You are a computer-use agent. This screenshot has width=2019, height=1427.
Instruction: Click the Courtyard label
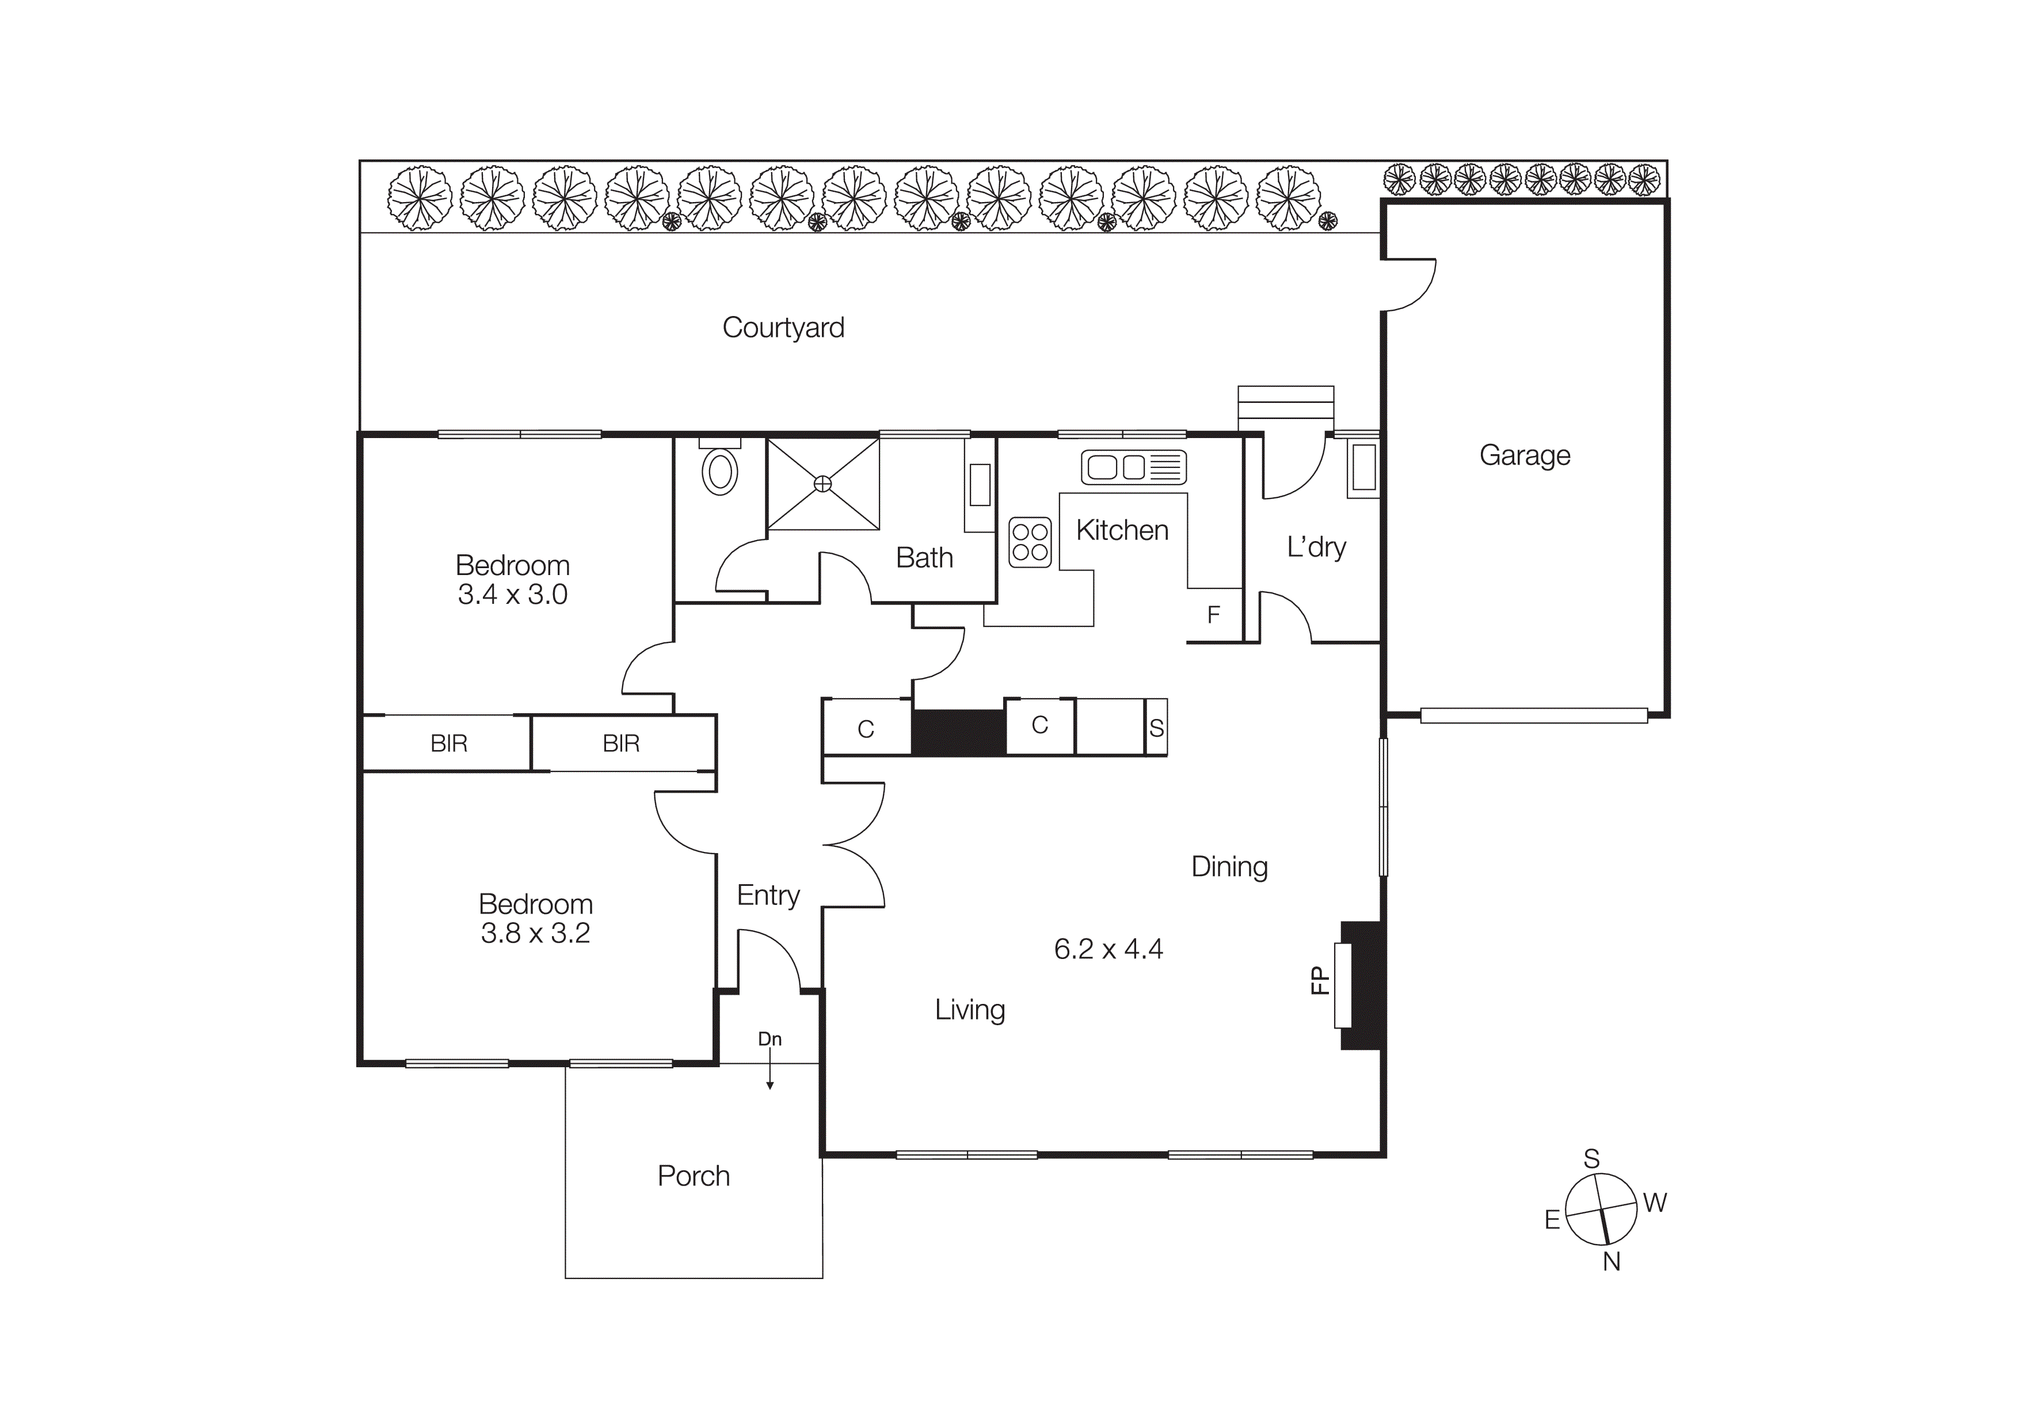coord(783,328)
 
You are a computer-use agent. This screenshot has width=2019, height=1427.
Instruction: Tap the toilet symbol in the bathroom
coord(719,472)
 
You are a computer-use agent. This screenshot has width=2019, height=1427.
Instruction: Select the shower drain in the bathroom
coord(823,484)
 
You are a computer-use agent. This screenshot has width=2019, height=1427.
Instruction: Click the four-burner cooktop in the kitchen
coord(1030,542)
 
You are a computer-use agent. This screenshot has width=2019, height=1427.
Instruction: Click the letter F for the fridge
coord(1213,615)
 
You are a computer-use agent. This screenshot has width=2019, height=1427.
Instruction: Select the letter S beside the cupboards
coord(1156,728)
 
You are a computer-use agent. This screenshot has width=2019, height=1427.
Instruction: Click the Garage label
coord(1524,455)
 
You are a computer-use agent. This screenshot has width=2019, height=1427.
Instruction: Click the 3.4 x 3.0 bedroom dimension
coord(513,595)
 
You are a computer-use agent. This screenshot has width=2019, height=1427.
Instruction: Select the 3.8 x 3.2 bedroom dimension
coord(535,934)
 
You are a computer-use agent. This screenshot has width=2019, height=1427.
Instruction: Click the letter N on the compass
coord(1611,1262)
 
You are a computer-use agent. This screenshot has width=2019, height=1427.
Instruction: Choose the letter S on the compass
coord(1591,1159)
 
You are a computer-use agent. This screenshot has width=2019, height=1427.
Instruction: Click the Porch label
coord(694,1177)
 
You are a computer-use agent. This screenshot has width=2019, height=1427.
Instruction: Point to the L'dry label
coord(1316,547)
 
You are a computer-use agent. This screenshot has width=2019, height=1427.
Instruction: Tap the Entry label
coord(768,895)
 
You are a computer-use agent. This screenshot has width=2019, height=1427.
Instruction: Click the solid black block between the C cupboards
coord(958,732)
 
